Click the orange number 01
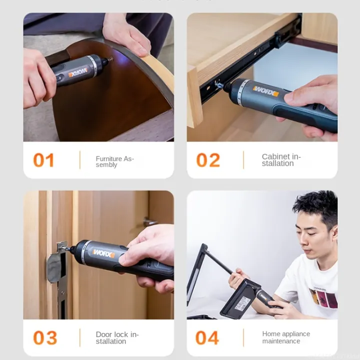(43, 160)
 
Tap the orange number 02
(208, 160)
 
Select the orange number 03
(45, 337)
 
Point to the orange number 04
(207, 337)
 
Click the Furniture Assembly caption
(114, 161)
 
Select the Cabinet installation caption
(281, 160)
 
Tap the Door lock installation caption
(117, 337)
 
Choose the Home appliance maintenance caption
(286, 337)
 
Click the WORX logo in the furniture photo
(78, 73)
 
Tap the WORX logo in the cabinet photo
(265, 90)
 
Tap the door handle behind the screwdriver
(149, 222)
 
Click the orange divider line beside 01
(79, 160)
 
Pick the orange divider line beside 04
(243, 337)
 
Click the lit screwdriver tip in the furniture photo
(108, 60)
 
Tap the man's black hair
(316, 205)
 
